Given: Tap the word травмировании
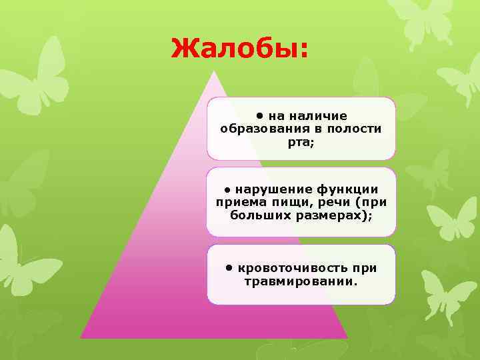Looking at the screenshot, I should [301, 281].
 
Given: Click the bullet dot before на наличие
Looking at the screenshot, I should [262, 114].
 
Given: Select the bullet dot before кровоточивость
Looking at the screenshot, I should [229, 267].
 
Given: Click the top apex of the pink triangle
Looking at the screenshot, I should [214, 71].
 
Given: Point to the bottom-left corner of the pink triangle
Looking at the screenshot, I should [81, 337].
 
